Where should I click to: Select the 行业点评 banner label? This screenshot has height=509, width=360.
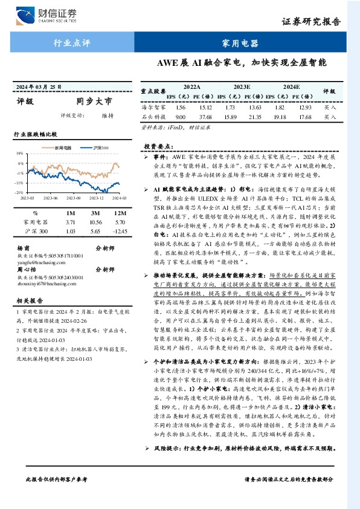click(x=68, y=44)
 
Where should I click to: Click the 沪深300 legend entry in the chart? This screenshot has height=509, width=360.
click(x=98, y=148)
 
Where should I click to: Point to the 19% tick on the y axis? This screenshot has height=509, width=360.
click(x=20, y=154)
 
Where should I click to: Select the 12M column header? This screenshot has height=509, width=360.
click(x=120, y=213)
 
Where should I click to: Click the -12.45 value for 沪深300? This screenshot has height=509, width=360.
click(x=119, y=231)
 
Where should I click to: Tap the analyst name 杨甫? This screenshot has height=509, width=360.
click(x=24, y=248)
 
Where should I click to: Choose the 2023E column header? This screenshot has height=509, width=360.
click(x=242, y=87)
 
